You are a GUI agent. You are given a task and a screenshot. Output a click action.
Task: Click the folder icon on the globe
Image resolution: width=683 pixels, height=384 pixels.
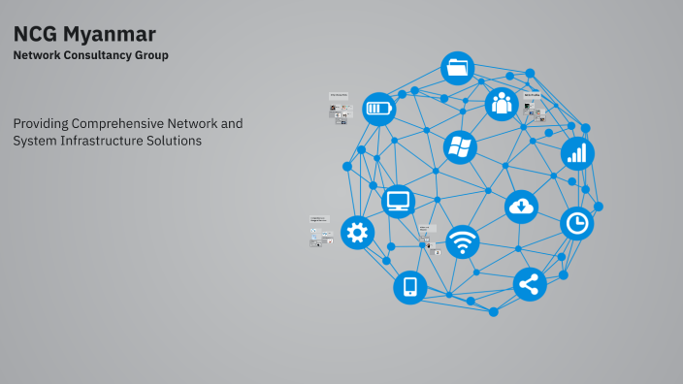(x=458, y=69)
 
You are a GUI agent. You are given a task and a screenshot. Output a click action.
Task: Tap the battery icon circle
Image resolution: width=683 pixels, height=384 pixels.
(x=379, y=109)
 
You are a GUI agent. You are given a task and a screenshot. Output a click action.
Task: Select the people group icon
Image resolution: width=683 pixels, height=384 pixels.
(x=501, y=103)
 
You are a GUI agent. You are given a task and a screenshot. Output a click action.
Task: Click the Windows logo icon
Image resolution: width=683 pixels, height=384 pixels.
(x=460, y=147)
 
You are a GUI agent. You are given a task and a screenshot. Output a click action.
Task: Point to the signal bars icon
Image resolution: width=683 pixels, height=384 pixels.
(x=577, y=153)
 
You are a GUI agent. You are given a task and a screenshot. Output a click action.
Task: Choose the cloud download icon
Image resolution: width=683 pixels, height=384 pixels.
(x=521, y=206)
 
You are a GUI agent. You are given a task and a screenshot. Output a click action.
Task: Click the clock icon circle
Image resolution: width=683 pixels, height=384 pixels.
(x=577, y=224)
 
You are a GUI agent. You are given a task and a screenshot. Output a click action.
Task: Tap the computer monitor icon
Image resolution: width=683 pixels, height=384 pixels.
(x=399, y=202)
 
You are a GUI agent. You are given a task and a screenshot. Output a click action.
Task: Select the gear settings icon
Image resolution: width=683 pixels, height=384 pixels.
(x=358, y=233)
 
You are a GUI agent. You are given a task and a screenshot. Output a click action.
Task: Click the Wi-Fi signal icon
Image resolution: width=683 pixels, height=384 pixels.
(x=463, y=241)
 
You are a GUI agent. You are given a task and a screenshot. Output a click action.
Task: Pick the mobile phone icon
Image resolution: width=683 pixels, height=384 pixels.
(x=410, y=287)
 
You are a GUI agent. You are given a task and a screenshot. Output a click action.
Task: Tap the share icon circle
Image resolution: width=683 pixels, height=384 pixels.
(x=530, y=284)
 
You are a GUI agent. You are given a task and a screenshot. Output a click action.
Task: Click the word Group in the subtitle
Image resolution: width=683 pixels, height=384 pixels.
(x=152, y=55)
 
